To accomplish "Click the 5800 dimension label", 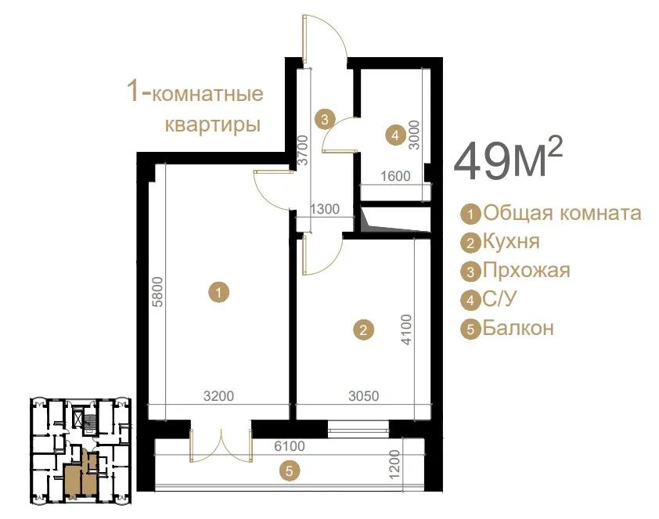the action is coord(157,292).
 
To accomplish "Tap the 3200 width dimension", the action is coord(218,396).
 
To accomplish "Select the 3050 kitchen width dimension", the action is coord(364,396).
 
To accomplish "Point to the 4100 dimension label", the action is coord(406,330).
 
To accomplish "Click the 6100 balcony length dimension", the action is coord(290,446).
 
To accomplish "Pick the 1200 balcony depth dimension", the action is coord(394,464).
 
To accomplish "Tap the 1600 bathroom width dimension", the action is coord(395,176).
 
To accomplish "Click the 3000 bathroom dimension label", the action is coord(414,135).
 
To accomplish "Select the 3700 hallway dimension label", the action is coord(303,150).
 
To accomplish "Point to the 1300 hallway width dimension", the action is coord(325,209).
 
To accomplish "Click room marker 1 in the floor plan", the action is coord(219,292).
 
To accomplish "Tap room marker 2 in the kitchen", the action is coord(363,330).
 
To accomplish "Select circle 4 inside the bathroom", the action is coord(395,135).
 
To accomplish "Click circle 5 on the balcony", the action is coord(289,471).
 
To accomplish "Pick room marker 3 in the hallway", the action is coord(325,120).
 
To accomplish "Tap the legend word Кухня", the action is coord(511,242).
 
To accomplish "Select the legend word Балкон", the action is coord(518,328).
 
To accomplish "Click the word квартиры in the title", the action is coord(213,124).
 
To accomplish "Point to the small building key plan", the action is coord(81,451).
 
